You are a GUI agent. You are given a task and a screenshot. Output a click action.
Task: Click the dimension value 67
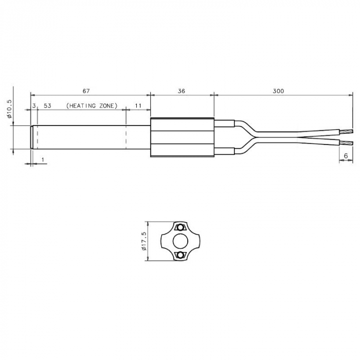coord(86,91)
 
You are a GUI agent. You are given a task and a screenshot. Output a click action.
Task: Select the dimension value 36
coord(182,91)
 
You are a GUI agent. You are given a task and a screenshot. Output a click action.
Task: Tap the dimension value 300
coord(278,91)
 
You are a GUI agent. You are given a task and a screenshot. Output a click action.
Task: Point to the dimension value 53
coord(47,106)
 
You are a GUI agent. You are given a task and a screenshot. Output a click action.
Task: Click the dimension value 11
coord(138,106)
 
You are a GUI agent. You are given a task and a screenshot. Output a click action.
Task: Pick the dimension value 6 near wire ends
coord(346,156)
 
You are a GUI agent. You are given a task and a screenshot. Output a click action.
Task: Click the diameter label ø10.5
coord(9,109)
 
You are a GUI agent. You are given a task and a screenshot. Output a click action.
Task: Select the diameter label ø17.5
coord(144,241)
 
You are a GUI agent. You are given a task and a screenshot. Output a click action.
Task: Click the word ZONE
coord(107,106)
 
